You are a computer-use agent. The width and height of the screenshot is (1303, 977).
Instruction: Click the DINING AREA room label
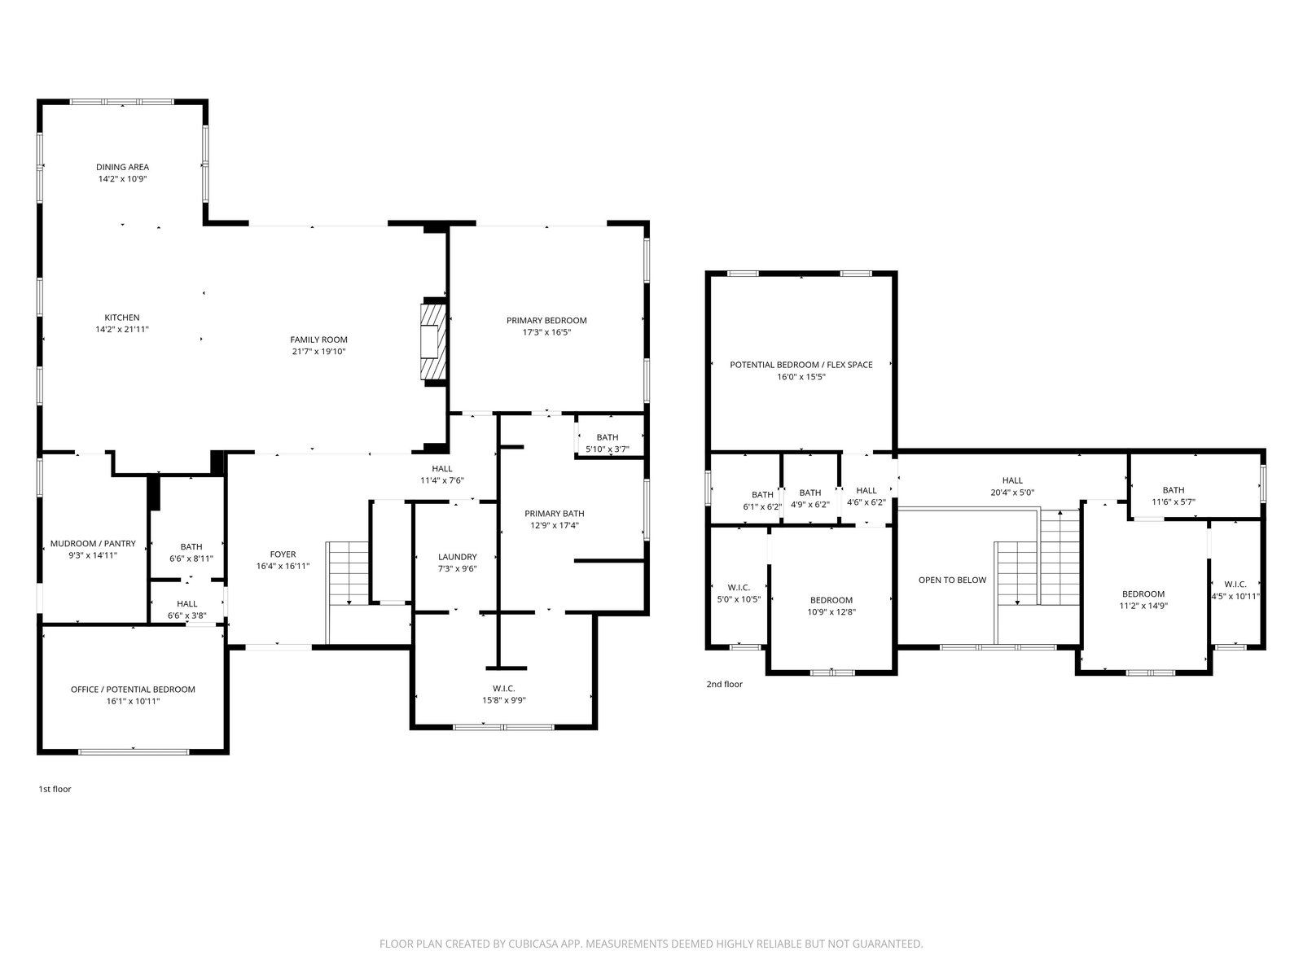pyautogui.click(x=122, y=167)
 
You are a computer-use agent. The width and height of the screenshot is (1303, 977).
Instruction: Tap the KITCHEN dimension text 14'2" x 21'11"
pyautogui.click(x=122, y=329)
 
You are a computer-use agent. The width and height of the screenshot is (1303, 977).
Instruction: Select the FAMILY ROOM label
pyautogui.click(x=318, y=340)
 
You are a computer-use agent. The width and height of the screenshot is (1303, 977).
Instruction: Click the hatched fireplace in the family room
pyautogui.click(x=432, y=342)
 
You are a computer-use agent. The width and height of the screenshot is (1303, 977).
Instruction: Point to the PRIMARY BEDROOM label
pyautogui.click(x=546, y=321)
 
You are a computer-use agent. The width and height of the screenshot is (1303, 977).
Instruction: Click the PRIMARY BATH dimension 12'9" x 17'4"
pyautogui.click(x=555, y=526)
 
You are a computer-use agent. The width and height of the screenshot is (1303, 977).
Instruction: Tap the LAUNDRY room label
pyautogui.click(x=457, y=557)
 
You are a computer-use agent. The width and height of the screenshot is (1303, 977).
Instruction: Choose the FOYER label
pyautogui.click(x=283, y=554)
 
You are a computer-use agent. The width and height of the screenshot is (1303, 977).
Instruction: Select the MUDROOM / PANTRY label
pyautogui.click(x=93, y=543)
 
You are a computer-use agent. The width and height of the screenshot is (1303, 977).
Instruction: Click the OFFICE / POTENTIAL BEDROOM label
pyautogui.click(x=133, y=690)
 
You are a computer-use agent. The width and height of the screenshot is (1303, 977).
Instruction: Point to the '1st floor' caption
pyautogui.click(x=55, y=789)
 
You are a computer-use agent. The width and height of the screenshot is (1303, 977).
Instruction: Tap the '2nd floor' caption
pyautogui.click(x=724, y=684)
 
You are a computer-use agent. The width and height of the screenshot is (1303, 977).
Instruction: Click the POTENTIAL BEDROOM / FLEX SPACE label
pyautogui.click(x=801, y=365)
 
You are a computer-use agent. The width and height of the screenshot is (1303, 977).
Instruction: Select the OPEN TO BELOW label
pyautogui.click(x=952, y=581)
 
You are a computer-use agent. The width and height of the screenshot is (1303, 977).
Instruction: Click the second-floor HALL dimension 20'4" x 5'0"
pyautogui.click(x=1012, y=493)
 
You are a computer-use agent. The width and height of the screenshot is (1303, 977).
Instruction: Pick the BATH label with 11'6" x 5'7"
pyautogui.click(x=1173, y=490)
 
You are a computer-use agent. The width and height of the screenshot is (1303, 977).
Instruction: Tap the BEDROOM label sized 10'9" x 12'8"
pyautogui.click(x=831, y=600)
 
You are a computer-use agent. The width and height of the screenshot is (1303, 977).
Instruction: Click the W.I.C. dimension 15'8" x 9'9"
pyautogui.click(x=504, y=700)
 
